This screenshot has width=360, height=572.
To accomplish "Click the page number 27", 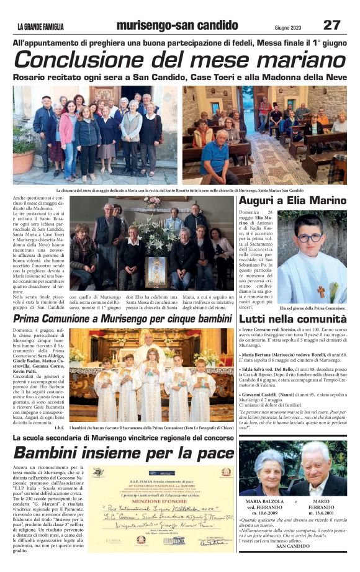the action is tap(331, 25).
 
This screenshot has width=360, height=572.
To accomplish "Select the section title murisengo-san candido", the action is tap(178, 25).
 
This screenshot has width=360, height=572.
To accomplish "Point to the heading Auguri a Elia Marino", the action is tap(292, 201).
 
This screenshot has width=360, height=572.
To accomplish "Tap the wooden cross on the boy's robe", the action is tap(321, 291).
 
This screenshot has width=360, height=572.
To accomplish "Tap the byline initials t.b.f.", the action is tap(59, 427).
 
